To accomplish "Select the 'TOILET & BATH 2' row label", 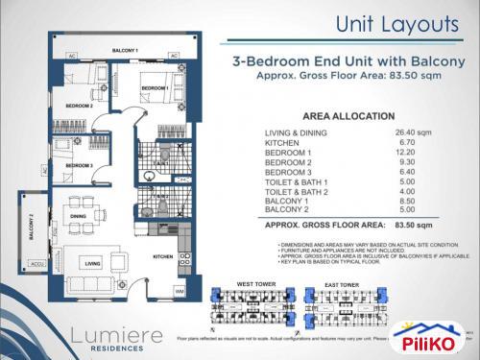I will [300, 192].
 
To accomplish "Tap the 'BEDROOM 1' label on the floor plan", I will [155, 88].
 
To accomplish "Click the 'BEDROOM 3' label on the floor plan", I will [79, 166].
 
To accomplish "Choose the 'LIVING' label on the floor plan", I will [93, 261].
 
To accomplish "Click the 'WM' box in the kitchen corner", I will [180, 291].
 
